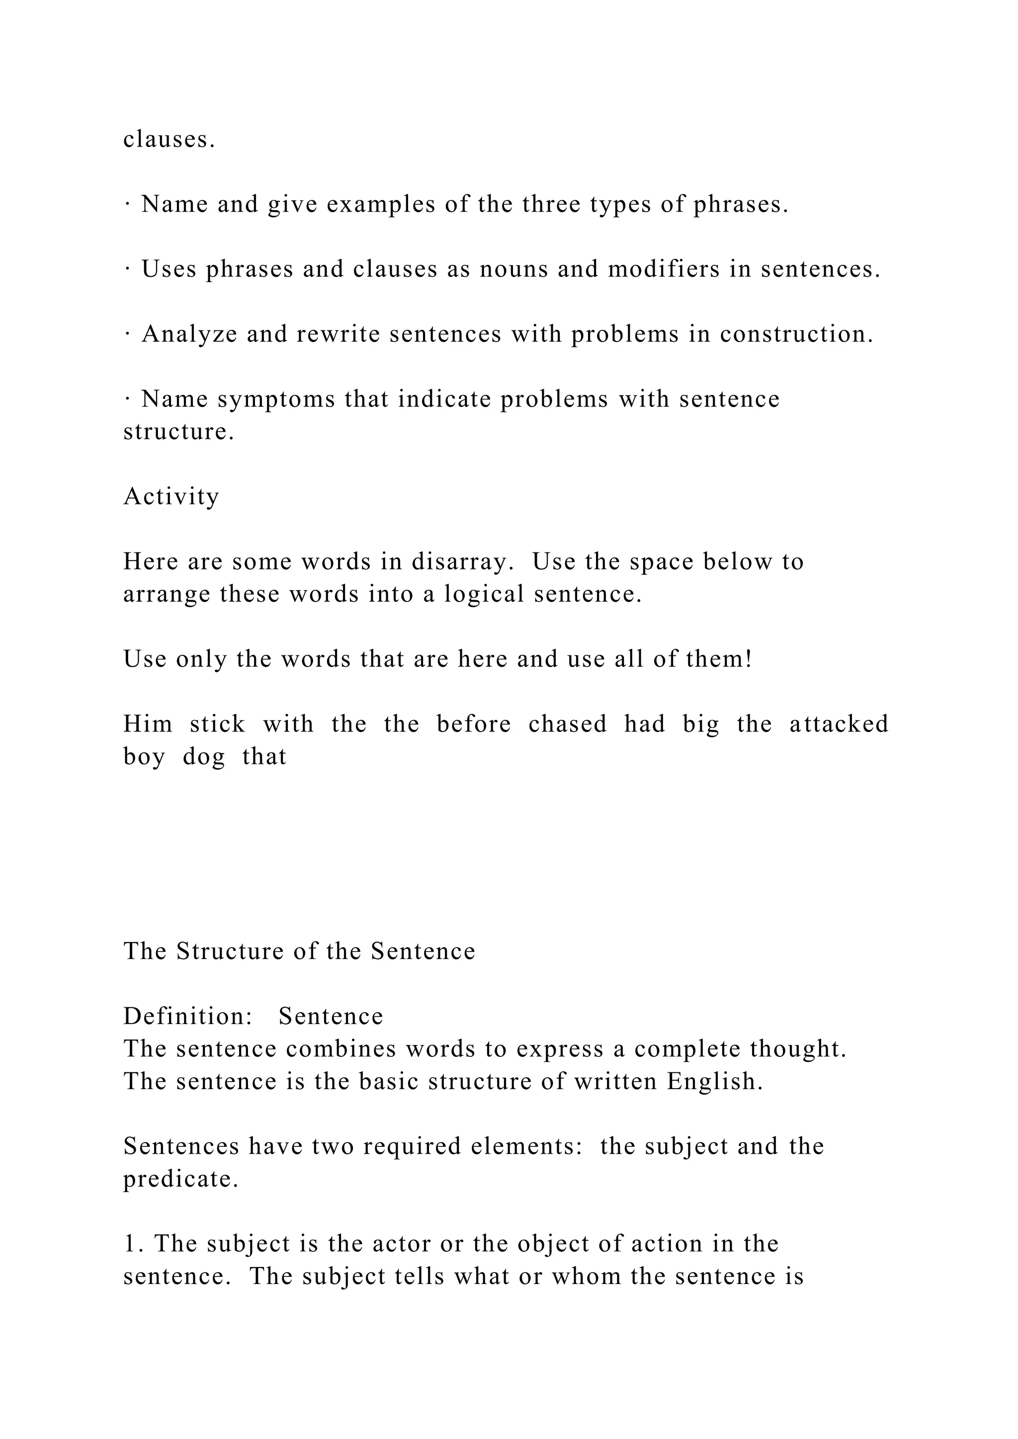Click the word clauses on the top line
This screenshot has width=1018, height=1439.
[169, 139]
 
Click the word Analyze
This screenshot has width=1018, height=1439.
[190, 335]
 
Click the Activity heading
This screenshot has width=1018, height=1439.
[171, 497]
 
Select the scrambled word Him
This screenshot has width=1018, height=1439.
[148, 724]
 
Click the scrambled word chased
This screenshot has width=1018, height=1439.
[567, 724]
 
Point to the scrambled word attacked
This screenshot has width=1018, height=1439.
[839, 724]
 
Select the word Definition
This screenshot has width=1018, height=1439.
[187, 1017]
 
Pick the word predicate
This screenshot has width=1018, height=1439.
[180, 1180]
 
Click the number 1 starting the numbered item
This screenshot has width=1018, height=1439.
[130, 1244]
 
